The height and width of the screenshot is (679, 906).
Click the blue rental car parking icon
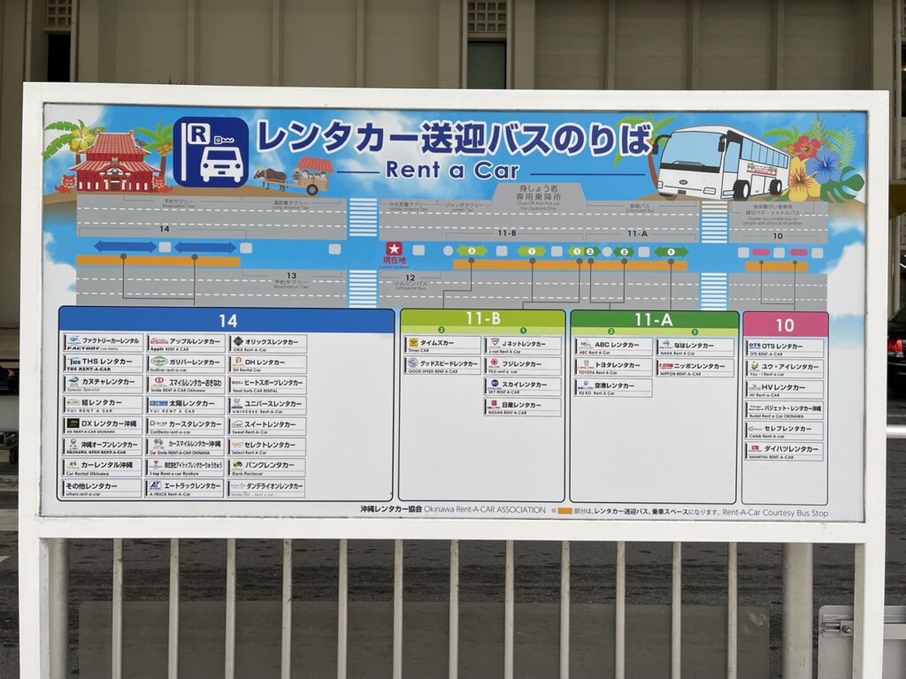tap(211, 152)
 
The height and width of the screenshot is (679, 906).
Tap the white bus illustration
tap(722, 164)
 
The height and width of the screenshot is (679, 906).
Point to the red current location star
tap(394, 248)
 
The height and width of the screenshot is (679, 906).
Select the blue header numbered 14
tap(227, 320)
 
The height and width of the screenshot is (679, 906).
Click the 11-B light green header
tap(482, 319)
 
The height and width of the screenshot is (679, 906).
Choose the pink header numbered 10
tap(785, 324)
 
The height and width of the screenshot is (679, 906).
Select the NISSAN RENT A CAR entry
tap(522, 407)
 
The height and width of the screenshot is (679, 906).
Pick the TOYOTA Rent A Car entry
tap(612, 368)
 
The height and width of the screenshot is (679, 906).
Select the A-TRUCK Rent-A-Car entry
tap(185, 488)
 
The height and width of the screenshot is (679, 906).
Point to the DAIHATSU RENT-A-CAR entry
tap(784, 451)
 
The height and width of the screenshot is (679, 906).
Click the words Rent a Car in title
tap(452, 170)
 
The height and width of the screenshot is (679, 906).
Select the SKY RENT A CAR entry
tap(522, 386)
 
